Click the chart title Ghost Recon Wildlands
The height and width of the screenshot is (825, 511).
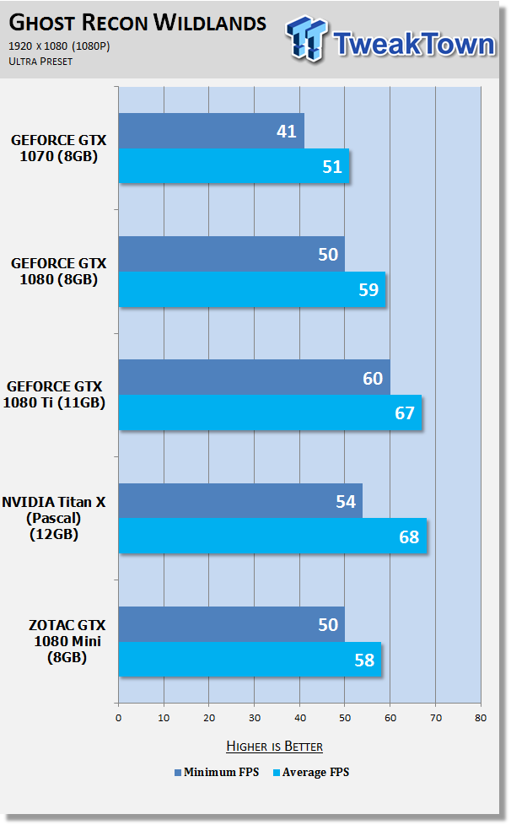[x=137, y=23]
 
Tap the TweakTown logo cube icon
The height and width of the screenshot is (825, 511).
[x=306, y=38]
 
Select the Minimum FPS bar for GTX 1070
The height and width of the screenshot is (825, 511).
[x=212, y=131]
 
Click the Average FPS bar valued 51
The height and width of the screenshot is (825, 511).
[x=234, y=165]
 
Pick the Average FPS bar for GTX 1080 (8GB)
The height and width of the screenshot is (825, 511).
[x=252, y=289]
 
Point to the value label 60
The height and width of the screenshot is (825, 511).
[x=373, y=378]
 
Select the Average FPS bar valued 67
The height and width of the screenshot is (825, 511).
[x=270, y=412]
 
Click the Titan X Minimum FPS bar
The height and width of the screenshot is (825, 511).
[x=240, y=501]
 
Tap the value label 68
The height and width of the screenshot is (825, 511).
[x=409, y=537]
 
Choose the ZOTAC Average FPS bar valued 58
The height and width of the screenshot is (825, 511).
[x=250, y=660]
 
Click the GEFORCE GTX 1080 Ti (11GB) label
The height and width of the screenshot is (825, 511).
[x=54, y=395]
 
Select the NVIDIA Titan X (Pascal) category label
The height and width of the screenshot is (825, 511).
[x=54, y=518]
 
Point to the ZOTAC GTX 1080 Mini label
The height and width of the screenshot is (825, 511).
[x=67, y=641]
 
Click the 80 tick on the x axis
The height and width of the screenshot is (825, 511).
[x=481, y=718]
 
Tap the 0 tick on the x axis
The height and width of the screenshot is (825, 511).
[x=118, y=718]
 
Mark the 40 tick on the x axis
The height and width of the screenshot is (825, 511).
[x=299, y=718]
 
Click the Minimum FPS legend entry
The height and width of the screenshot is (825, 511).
[x=217, y=773]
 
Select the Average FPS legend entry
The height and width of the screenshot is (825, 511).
[x=311, y=773]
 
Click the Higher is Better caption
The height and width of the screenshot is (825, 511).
[x=274, y=746]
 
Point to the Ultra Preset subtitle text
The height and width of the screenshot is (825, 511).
[x=40, y=62]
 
